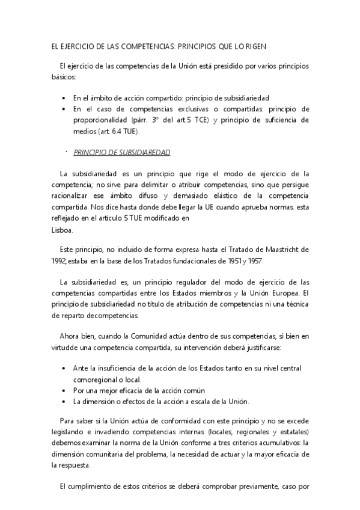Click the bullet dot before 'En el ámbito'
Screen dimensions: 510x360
[64, 97]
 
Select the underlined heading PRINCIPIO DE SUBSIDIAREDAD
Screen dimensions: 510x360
[122, 152]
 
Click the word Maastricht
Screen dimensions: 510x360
[281, 250]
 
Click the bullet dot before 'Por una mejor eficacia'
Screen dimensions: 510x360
[64, 390]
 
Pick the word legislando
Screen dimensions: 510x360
[69, 432]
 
